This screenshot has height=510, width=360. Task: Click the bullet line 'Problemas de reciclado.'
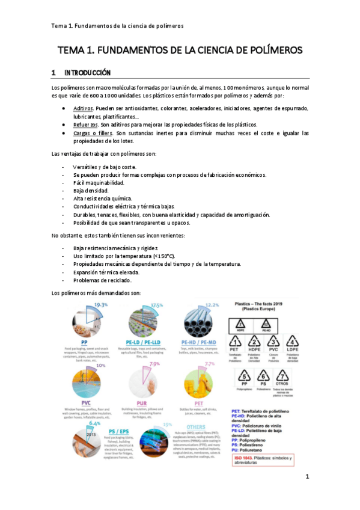tap(102, 280)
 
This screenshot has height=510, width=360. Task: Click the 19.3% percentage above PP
tap(100, 306)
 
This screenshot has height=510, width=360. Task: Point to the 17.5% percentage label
tap(157, 306)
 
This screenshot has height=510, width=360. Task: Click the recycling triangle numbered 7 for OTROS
tap(281, 377)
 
